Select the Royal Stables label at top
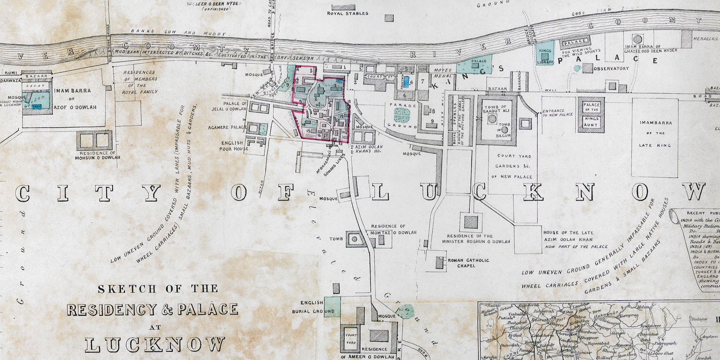(x=348, y=13)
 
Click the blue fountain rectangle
(x=406, y=82)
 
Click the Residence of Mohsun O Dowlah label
(x=100, y=155)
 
